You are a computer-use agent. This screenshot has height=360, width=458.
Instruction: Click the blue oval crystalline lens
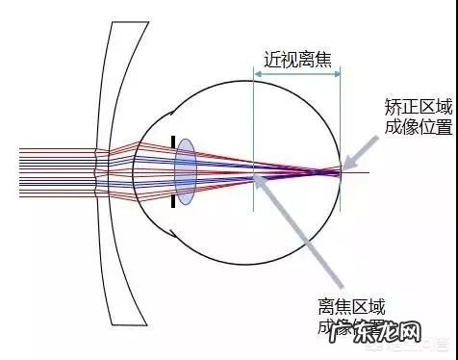[x=186, y=172]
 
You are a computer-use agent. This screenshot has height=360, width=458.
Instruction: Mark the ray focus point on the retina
[x=340, y=171]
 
